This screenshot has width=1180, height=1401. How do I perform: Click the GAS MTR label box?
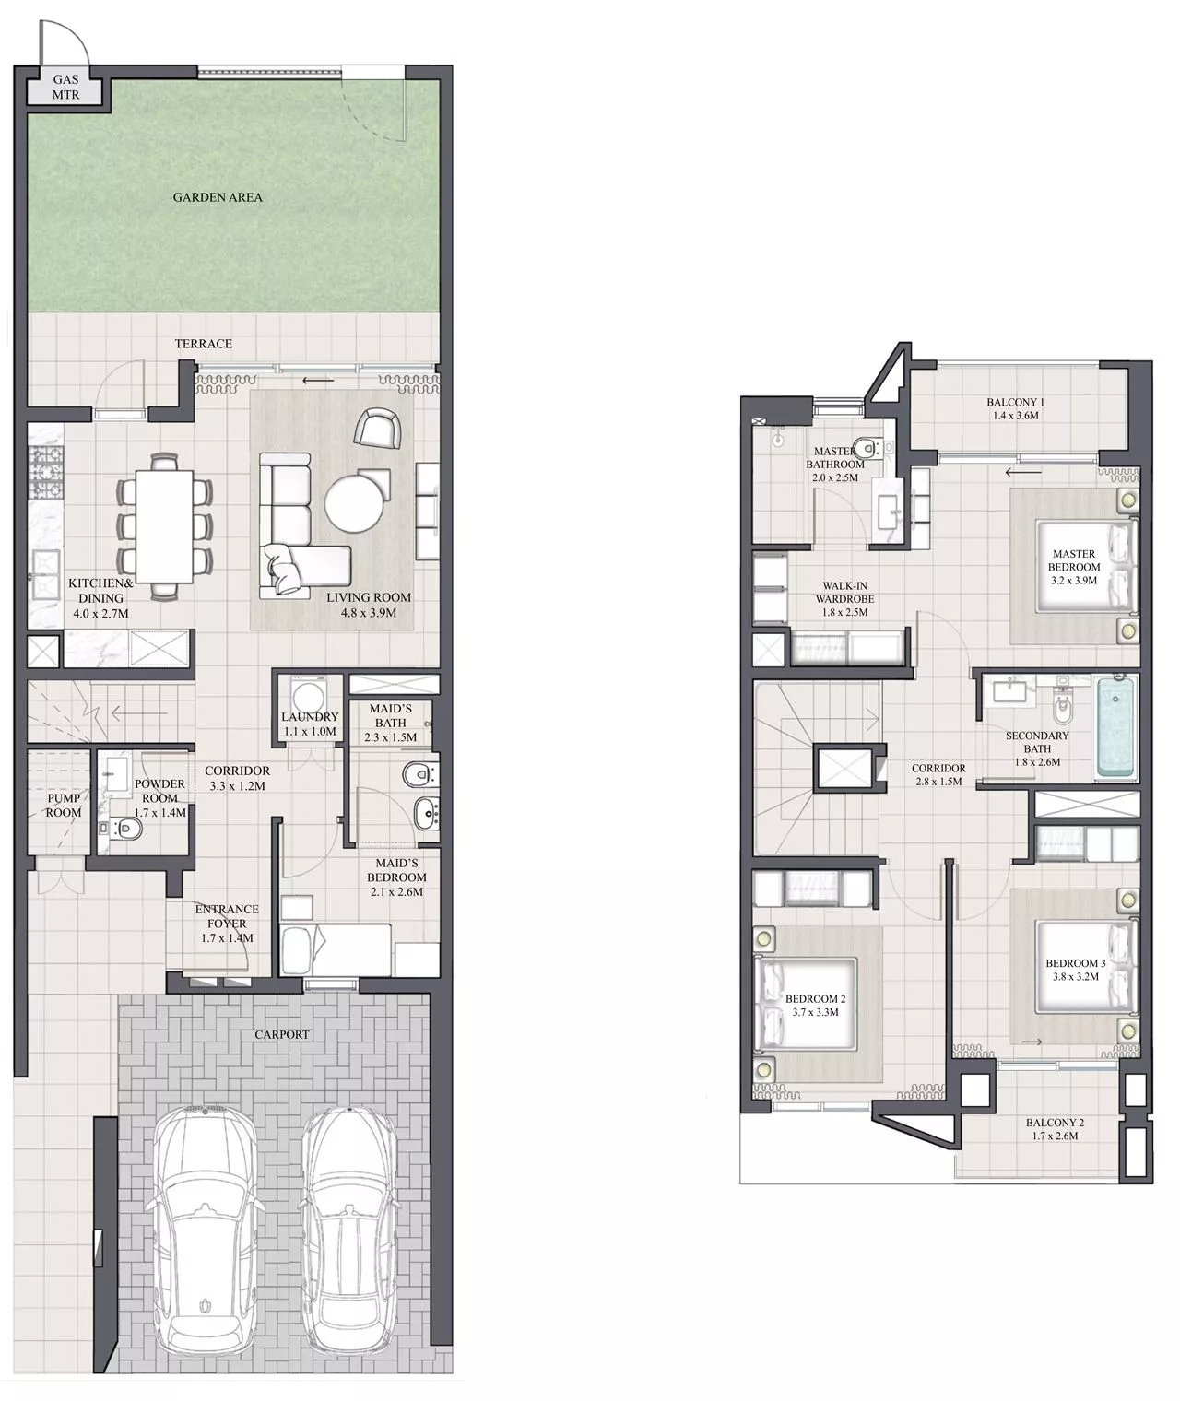(x=65, y=88)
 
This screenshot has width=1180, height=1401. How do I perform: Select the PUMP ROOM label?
(x=64, y=805)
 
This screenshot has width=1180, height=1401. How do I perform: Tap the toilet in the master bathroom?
(x=866, y=449)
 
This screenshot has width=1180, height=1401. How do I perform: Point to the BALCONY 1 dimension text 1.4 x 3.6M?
(x=1014, y=416)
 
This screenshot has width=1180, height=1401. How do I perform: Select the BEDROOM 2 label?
(x=815, y=999)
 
